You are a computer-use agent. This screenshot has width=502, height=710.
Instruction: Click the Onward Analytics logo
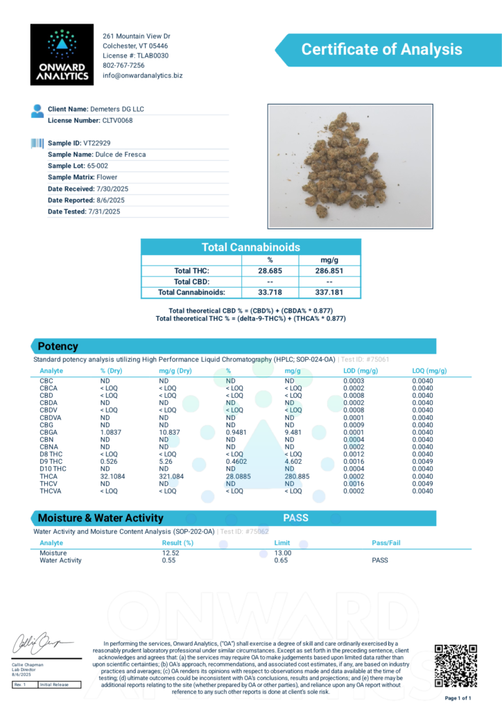(x=62, y=55)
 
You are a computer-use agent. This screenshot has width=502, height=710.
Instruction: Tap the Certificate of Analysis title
(x=381, y=49)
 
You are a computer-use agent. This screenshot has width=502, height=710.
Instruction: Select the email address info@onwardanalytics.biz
(x=142, y=75)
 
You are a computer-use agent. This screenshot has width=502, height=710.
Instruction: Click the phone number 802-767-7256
(x=123, y=65)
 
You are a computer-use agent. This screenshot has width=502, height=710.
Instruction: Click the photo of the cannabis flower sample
(x=350, y=166)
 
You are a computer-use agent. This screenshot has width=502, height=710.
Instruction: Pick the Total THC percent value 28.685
(x=270, y=271)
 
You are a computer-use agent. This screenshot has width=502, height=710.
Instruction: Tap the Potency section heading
(x=58, y=346)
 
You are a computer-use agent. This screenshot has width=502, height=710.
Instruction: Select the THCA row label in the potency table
(x=49, y=476)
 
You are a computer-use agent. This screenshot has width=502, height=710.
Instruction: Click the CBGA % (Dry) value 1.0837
(x=114, y=432)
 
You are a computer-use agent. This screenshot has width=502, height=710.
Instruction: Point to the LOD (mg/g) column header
(x=360, y=371)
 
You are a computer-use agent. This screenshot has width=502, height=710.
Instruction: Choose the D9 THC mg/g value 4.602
(x=296, y=462)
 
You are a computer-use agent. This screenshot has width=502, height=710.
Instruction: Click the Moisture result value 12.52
(x=171, y=553)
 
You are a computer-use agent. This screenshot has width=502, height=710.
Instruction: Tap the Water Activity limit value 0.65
(x=282, y=560)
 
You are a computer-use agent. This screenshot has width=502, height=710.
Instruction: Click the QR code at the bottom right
(x=456, y=666)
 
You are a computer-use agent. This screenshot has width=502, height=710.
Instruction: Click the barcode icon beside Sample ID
(x=37, y=143)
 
